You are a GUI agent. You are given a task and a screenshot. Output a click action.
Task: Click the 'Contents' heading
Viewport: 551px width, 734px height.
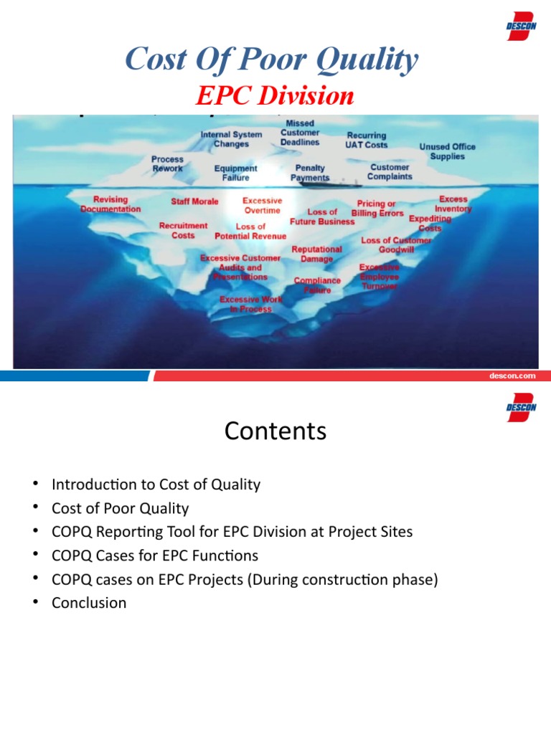tap(275, 431)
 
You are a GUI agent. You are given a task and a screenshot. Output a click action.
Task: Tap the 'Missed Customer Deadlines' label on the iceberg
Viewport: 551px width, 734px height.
tap(300, 133)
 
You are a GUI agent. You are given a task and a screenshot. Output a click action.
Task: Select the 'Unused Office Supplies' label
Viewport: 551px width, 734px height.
tap(447, 151)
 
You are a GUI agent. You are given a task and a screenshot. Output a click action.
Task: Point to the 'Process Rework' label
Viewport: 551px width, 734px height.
tap(167, 163)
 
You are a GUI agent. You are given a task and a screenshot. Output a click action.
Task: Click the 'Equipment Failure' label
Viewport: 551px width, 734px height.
tap(235, 173)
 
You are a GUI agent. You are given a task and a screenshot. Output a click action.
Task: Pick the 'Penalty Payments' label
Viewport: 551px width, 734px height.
tap(310, 173)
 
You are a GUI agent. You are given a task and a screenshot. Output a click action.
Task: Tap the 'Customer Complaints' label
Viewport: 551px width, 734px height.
tap(390, 171)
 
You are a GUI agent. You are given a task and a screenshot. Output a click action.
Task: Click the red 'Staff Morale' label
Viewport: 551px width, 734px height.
tap(194, 201)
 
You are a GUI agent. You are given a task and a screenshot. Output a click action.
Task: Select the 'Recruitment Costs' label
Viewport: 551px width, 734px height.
tap(183, 230)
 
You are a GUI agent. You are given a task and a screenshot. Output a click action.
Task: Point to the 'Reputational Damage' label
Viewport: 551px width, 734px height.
tap(316, 254)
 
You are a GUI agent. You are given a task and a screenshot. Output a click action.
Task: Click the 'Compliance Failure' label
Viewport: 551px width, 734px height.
tap(317, 285)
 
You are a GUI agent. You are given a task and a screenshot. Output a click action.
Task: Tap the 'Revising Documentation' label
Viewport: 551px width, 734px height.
tap(110, 204)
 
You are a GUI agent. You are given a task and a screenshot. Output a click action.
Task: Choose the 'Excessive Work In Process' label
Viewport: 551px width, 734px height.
tap(246, 304)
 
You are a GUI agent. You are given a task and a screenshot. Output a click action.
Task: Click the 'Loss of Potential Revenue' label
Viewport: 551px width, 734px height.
tap(250, 231)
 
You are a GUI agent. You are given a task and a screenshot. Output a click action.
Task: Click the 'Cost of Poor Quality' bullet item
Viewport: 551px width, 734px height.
tap(120, 508)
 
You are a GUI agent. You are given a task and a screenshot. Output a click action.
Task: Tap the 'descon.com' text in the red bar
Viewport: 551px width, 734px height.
tap(512, 376)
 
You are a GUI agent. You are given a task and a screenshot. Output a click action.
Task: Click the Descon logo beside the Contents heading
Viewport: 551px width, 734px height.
tap(522, 406)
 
